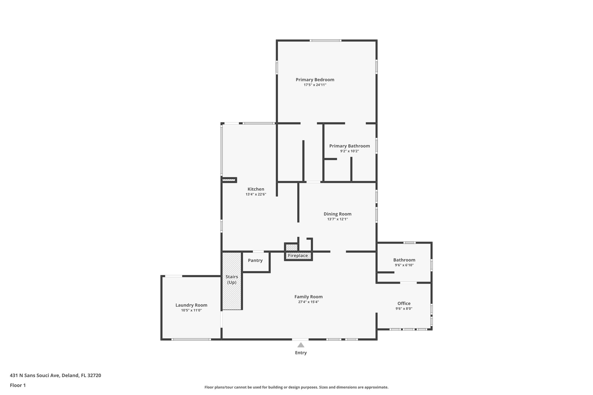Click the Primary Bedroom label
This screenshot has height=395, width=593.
click(x=315, y=80)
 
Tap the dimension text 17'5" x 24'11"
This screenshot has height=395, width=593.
click(x=315, y=85)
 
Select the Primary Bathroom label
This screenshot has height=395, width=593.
click(x=349, y=146)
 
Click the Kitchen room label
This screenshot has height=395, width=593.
click(x=256, y=189)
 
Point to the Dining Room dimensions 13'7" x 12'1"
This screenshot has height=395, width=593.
click(x=337, y=219)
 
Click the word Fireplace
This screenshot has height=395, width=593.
click(x=298, y=256)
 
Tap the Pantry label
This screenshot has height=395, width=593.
click(x=255, y=260)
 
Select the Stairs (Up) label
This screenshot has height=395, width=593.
click(x=232, y=280)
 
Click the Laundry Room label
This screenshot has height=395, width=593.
click(x=191, y=305)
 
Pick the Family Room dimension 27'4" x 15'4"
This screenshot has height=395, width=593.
click(x=308, y=302)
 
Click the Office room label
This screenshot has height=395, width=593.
click(x=404, y=303)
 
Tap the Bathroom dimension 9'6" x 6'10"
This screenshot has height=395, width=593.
click(x=404, y=265)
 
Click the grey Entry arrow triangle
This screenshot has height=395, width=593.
click(x=301, y=345)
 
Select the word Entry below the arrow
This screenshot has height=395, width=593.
click(x=301, y=353)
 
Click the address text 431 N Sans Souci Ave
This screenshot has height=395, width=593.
click(x=35, y=375)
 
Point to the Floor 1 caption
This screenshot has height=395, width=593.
click(x=18, y=385)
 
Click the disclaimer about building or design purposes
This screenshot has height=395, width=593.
click(x=296, y=387)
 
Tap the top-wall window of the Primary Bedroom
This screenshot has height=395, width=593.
click(x=325, y=41)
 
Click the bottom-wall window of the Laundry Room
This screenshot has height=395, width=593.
click(x=191, y=339)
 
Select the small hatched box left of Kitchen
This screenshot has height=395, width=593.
click(x=228, y=180)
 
